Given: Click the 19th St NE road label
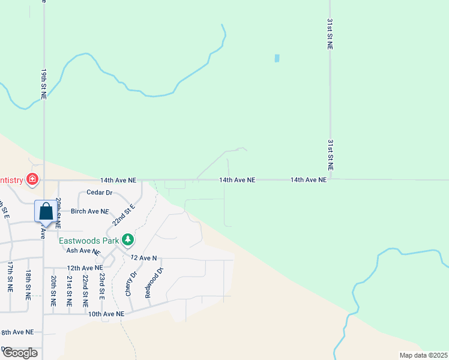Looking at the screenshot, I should (44, 83).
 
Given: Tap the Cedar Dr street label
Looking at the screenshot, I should (100, 193).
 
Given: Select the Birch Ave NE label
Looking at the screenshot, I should (89, 212).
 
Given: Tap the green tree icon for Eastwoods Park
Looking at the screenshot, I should (127, 240).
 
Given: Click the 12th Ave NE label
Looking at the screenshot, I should (85, 268).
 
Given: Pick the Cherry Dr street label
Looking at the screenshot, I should (131, 282).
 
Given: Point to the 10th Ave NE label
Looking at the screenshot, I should (106, 314).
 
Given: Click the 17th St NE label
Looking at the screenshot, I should (10, 277).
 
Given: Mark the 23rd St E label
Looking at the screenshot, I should (103, 287).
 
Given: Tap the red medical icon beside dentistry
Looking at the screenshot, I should (32, 179).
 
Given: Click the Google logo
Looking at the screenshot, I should (20, 353).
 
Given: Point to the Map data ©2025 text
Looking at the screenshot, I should (423, 355).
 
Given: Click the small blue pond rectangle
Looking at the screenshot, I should (277, 58).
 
